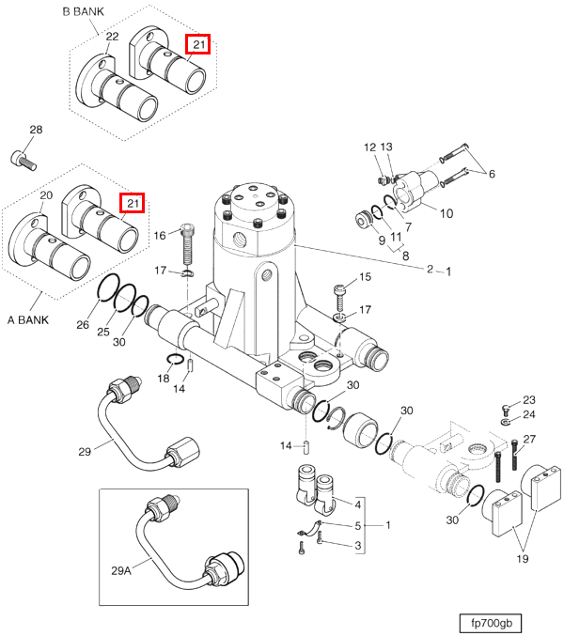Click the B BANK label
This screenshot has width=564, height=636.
point(83,11)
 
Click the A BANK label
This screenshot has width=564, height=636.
point(28,320)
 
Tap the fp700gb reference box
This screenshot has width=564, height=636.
point(491,623)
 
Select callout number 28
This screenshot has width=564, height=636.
point(36,130)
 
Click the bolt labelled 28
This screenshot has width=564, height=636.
point(23,161)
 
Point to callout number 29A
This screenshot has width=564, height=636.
point(121,570)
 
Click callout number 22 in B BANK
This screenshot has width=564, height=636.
point(112,37)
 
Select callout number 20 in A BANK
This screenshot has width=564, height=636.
point(46,195)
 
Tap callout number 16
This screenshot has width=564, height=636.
point(160,235)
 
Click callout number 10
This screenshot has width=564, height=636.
point(446,213)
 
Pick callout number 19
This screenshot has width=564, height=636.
point(523,559)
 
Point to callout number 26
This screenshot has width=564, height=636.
point(83,324)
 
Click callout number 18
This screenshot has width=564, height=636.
point(164,379)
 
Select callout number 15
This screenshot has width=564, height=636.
point(365,276)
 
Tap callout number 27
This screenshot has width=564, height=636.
point(529,439)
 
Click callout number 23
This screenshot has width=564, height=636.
point(528,400)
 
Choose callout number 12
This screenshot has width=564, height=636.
point(369,147)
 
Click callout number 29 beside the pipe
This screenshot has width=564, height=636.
point(85,452)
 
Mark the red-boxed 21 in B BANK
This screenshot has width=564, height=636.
point(198,44)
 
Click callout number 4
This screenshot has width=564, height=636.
point(357,504)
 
